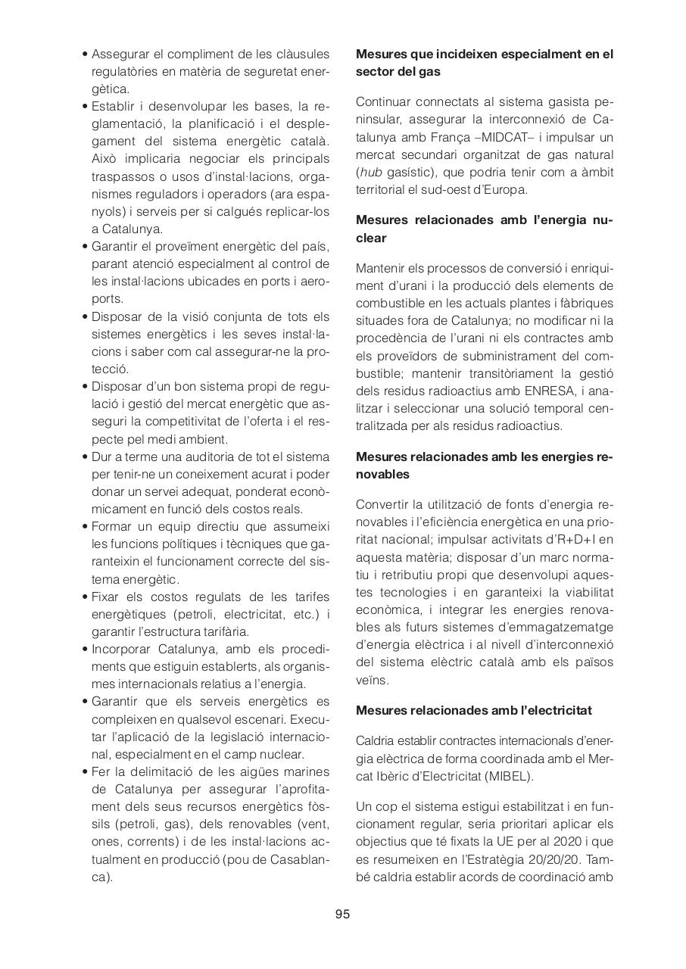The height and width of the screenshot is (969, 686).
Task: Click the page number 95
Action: click(342, 914)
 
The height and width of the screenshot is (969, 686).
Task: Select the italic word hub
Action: click(370, 172)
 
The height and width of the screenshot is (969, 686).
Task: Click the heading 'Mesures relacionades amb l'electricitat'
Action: click(474, 710)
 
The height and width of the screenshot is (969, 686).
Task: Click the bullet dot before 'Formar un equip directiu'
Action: click(85, 527)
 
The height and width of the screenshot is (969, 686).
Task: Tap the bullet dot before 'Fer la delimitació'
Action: click(85, 772)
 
